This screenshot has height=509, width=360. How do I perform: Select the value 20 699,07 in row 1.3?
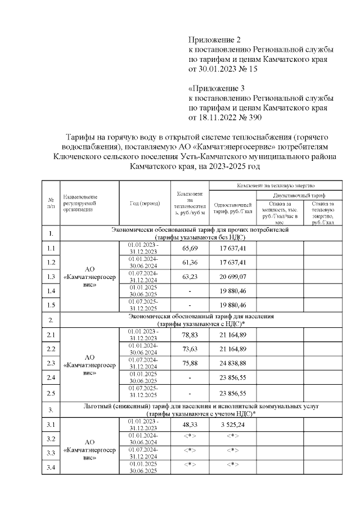click(232, 277)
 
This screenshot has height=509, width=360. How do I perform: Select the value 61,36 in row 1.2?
click(190, 262)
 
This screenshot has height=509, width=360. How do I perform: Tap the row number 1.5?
click(51, 305)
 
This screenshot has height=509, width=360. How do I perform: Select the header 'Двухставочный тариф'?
click(298, 194)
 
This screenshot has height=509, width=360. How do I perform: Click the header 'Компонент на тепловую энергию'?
click(275, 184)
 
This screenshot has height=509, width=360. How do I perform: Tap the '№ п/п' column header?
click(51, 203)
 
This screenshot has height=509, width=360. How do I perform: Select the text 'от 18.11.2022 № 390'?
click(225, 118)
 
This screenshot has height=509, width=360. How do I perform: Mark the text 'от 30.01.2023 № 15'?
click(222, 69)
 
